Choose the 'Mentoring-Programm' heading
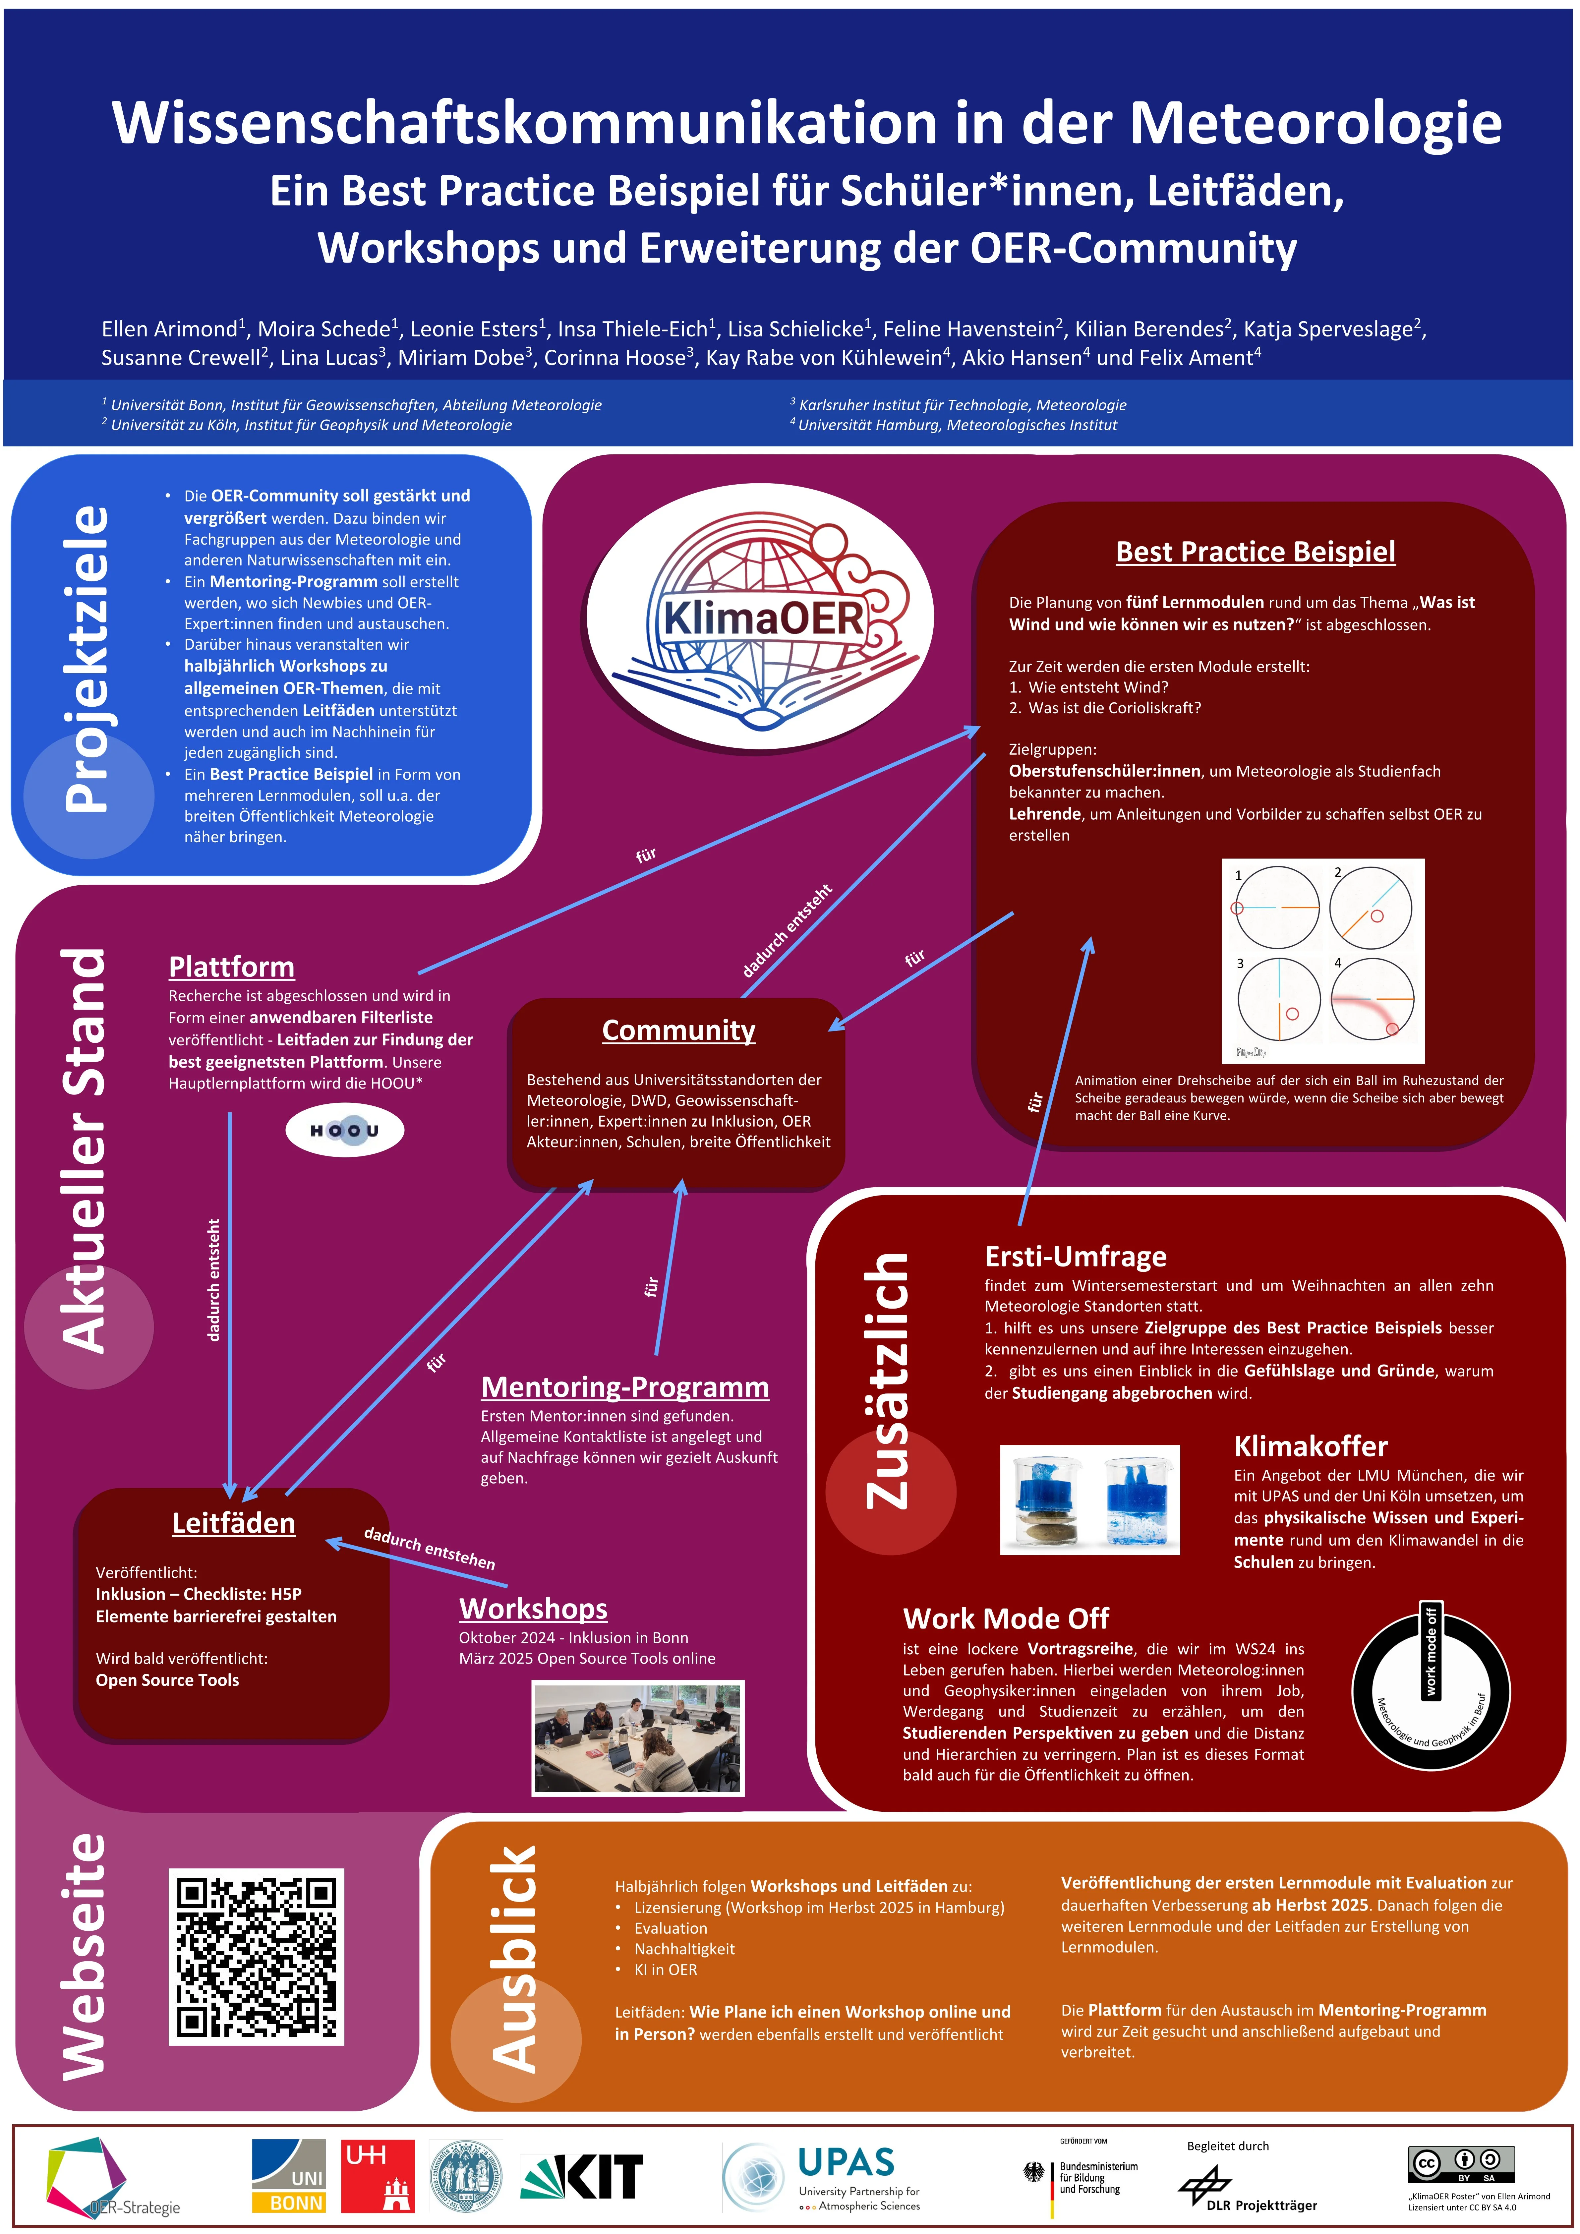(624, 1386)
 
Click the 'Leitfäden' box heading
(233, 1523)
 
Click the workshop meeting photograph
(637, 1737)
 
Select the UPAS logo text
(846, 2162)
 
